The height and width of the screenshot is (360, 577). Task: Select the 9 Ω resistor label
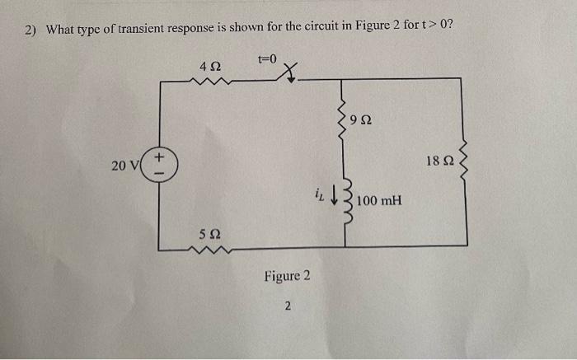(x=360, y=121)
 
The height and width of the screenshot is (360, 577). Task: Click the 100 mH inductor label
(x=379, y=200)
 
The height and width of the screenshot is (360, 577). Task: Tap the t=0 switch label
(x=269, y=59)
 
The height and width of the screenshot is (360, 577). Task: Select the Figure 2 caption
(x=287, y=276)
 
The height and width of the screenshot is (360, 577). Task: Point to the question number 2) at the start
(x=30, y=30)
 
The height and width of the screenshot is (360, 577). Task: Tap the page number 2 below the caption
(x=287, y=307)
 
